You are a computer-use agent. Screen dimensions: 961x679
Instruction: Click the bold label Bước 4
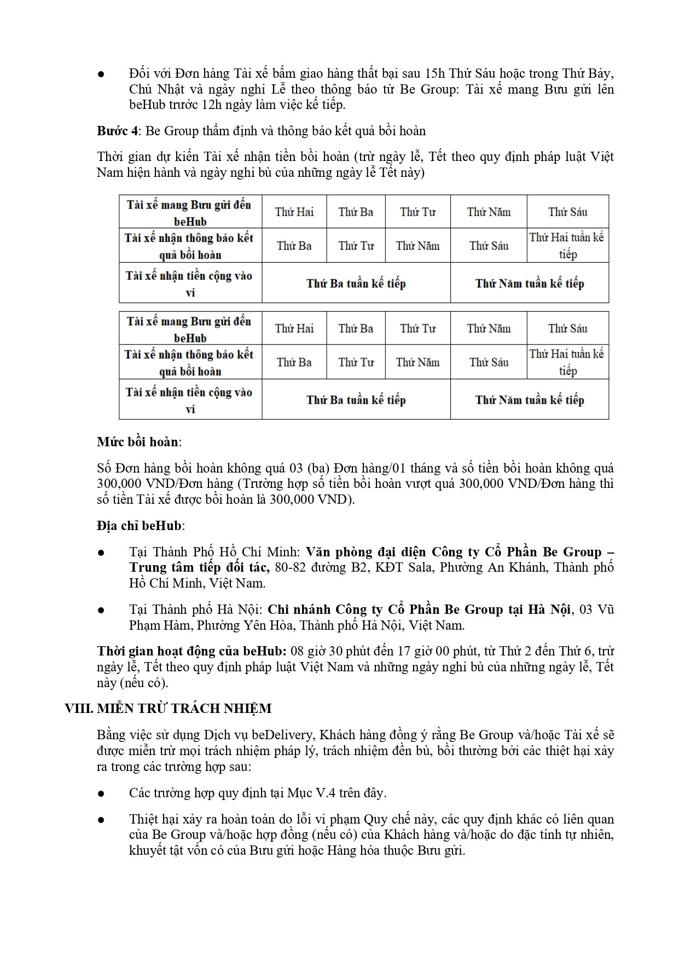[x=117, y=131]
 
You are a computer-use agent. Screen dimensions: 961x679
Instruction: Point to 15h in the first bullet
[x=435, y=73]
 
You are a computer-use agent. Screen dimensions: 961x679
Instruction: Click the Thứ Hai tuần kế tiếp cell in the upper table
[x=567, y=246]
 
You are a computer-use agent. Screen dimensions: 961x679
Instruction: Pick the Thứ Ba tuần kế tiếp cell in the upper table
[x=356, y=283]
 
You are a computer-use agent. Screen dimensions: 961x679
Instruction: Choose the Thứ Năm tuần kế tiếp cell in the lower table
[x=529, y=400]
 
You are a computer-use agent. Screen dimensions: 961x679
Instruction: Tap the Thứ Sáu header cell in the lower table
[x=567, y=329]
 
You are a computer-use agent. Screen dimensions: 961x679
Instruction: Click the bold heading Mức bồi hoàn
[x=138, y=442]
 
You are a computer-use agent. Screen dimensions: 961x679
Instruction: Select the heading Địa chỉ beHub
[x=140, y=526]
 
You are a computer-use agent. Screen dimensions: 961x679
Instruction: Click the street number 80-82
[x=290, y=567]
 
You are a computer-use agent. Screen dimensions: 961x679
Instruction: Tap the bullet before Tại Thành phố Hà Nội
[x=101, y=610]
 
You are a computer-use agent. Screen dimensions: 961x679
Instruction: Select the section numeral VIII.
[x=78, y=709]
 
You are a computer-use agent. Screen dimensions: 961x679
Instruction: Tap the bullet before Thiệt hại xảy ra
[x=101, y=820]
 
